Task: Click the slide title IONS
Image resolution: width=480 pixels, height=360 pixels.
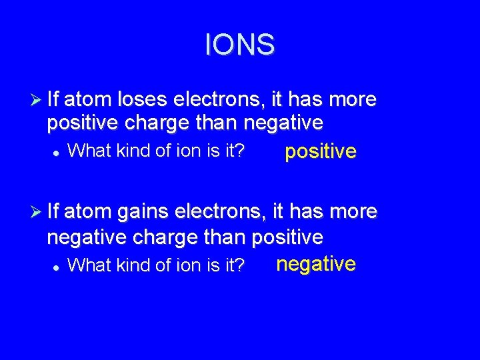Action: pos(239,45)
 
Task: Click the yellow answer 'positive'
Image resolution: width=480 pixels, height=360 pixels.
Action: pos(321,152)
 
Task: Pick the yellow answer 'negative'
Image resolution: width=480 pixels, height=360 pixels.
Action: pos(316,264)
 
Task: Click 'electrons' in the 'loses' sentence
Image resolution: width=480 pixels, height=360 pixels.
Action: pos(219,100)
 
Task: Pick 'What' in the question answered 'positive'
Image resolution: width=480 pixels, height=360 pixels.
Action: pos(84,151)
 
